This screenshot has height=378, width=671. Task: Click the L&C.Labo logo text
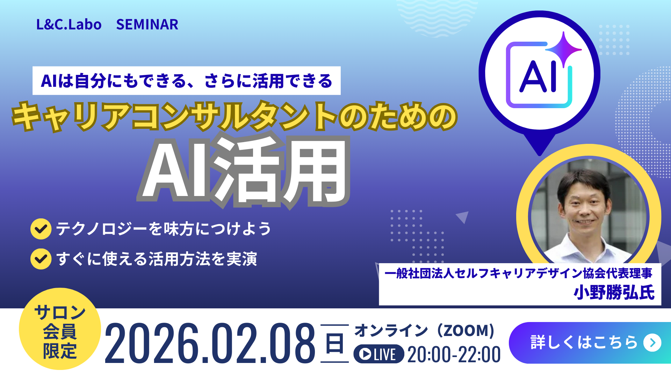[x=69, y=24]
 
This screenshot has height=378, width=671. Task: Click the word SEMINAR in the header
[x=147, y=24]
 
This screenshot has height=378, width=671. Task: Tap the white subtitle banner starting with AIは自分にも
[x=187, y=80]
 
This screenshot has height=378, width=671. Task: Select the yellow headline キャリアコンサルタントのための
[x=235, y=117]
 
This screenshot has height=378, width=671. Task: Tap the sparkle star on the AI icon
[x=563, y=48]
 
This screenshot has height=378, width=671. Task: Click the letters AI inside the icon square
[x=538, y=77]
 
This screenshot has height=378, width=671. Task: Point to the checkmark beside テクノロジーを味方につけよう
[x=41, y=229]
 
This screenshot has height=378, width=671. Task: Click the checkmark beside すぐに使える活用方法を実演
[x=41, y=259]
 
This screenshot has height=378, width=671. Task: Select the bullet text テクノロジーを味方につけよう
[x=164, y=229]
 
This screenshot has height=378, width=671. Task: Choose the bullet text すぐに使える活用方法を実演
[x=157, y=259]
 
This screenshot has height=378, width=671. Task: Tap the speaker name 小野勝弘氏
[x=614, y=292]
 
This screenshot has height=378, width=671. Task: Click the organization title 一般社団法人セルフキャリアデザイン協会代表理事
[x=518, y=273]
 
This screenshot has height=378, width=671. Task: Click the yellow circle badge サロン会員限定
[x=60, y=329]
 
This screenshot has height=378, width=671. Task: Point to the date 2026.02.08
[x=210, y=343]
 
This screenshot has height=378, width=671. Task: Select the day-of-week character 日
[x=334, y=343]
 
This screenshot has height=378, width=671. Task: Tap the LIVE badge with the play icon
[x=379, y=354]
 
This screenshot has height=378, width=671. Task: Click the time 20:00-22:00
[x=454, y=354]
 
